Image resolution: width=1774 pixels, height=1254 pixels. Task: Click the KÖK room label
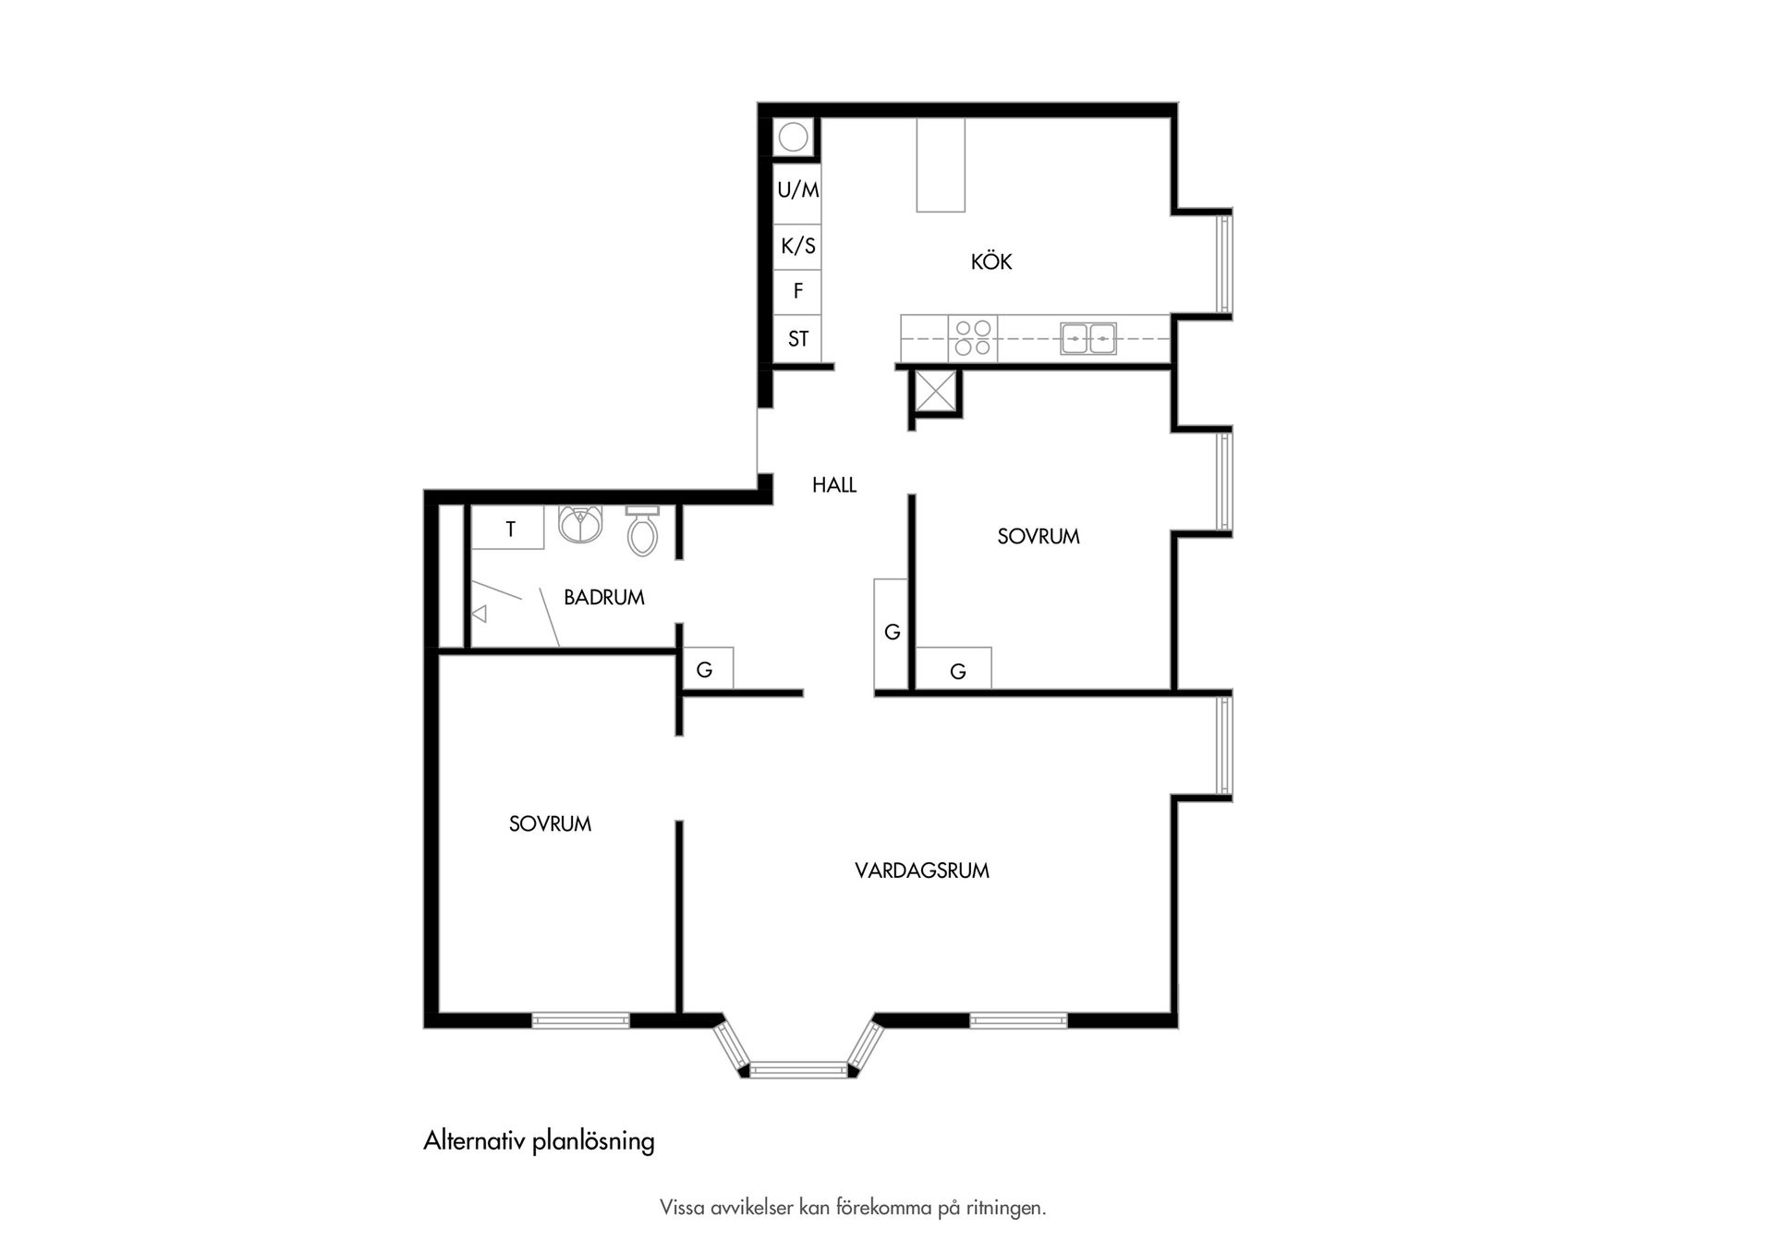tap(990, 262)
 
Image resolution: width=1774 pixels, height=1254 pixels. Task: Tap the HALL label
tap(834, 485)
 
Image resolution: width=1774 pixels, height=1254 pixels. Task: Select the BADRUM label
tap(603, 597)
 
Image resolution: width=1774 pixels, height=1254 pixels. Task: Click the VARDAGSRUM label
tap(922, 870)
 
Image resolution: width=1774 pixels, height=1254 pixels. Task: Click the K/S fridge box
tap(797, 247)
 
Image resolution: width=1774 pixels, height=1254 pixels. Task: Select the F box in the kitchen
tap(797, 292)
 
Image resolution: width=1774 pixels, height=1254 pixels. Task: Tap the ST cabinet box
tap(797, 339)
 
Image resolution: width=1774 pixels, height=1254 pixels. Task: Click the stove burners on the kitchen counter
tap(973, 338)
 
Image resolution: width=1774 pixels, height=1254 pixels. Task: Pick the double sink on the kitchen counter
tap(1088, 339)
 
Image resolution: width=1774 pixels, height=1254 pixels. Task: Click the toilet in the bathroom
tap(642, 530)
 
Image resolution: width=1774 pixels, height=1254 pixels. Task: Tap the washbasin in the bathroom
tap(580, 525)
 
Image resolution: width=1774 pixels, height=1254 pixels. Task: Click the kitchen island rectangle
tap(941, 165)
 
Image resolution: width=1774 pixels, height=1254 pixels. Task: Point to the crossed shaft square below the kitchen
tap(935, 392)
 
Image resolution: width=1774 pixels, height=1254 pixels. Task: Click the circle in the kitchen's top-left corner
tap(793, 138)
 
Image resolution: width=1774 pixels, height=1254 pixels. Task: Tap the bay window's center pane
tap(798, 1070)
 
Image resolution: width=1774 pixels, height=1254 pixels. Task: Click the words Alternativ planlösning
tap(539, 1142)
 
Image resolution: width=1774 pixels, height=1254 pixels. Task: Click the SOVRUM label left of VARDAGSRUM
tap(550, 824)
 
